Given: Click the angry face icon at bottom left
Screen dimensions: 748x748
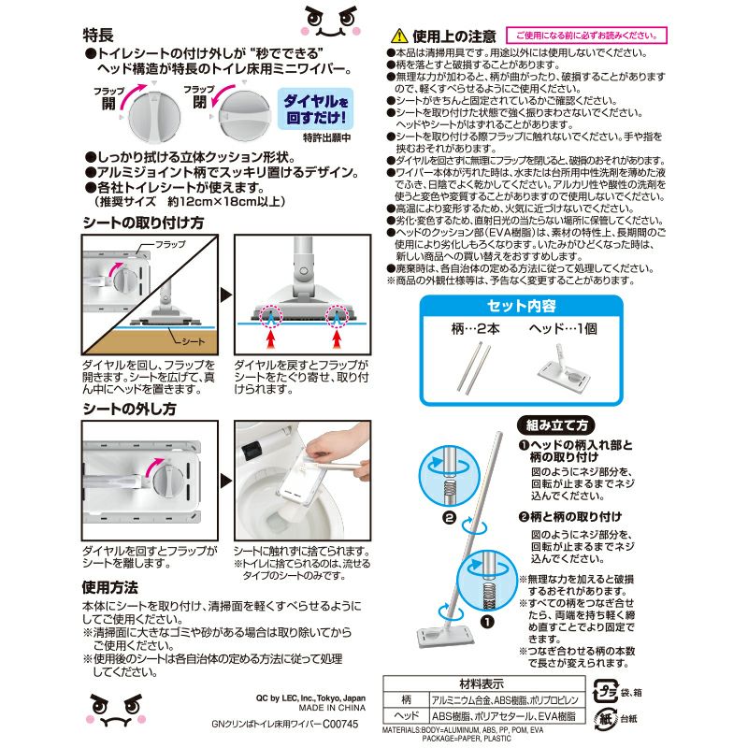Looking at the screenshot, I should click(120, 712).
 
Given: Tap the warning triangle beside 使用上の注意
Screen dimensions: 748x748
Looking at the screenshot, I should click(399, 35).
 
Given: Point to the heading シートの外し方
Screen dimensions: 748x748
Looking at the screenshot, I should click(129, 408).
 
